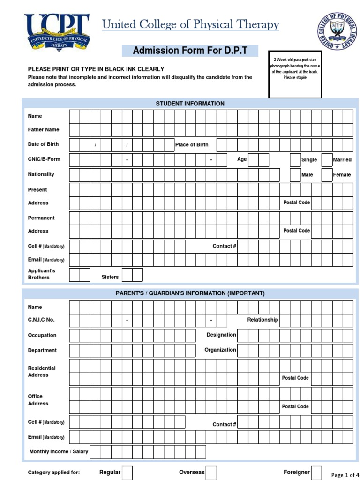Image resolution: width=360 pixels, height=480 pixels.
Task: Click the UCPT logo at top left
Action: pyautogui.click(x=57, y=32)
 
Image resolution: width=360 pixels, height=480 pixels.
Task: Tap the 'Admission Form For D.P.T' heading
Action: pyautogui.click(x=190, y=51)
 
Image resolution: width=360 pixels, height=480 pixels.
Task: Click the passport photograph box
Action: pyautogui.click(x=295, y=75)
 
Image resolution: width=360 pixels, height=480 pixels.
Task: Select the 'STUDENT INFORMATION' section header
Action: pyautogui.click(x=190, y=104)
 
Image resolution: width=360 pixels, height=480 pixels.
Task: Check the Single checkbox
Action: pyautogui.click(x=295, y=159)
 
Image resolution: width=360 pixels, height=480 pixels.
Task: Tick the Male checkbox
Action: pyautogui.click(x=295, y=174)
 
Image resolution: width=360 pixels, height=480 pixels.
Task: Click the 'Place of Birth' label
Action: pyautogui.click(x=192, y=144)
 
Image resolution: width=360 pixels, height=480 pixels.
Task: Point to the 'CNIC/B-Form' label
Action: pyautogui.click(x=44, y=159)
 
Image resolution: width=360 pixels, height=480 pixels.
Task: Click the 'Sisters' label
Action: pyautogui.click(x=110, y=277)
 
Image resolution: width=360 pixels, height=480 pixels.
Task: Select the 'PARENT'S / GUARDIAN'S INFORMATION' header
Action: pyautogui.click(x=190, y=293)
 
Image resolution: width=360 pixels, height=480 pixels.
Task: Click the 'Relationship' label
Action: pyautogui.click(x=262, y=320)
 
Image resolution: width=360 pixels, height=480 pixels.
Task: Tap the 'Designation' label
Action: pyautogui.click(x=221, y=335)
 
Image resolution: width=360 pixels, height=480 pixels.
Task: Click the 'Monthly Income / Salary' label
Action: pyautogui.click(x=59, y=452)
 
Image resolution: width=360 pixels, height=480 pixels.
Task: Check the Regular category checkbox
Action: pyautogui.click(x=127, y=472)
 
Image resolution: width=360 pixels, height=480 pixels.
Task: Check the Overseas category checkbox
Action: pyautogui.click(x=211, y=472)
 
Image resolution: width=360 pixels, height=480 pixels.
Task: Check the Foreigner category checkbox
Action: pyautogui.click(x=317, y=472)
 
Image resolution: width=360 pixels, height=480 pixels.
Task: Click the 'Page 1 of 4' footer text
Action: pyautogui.click(x=345, y=475)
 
